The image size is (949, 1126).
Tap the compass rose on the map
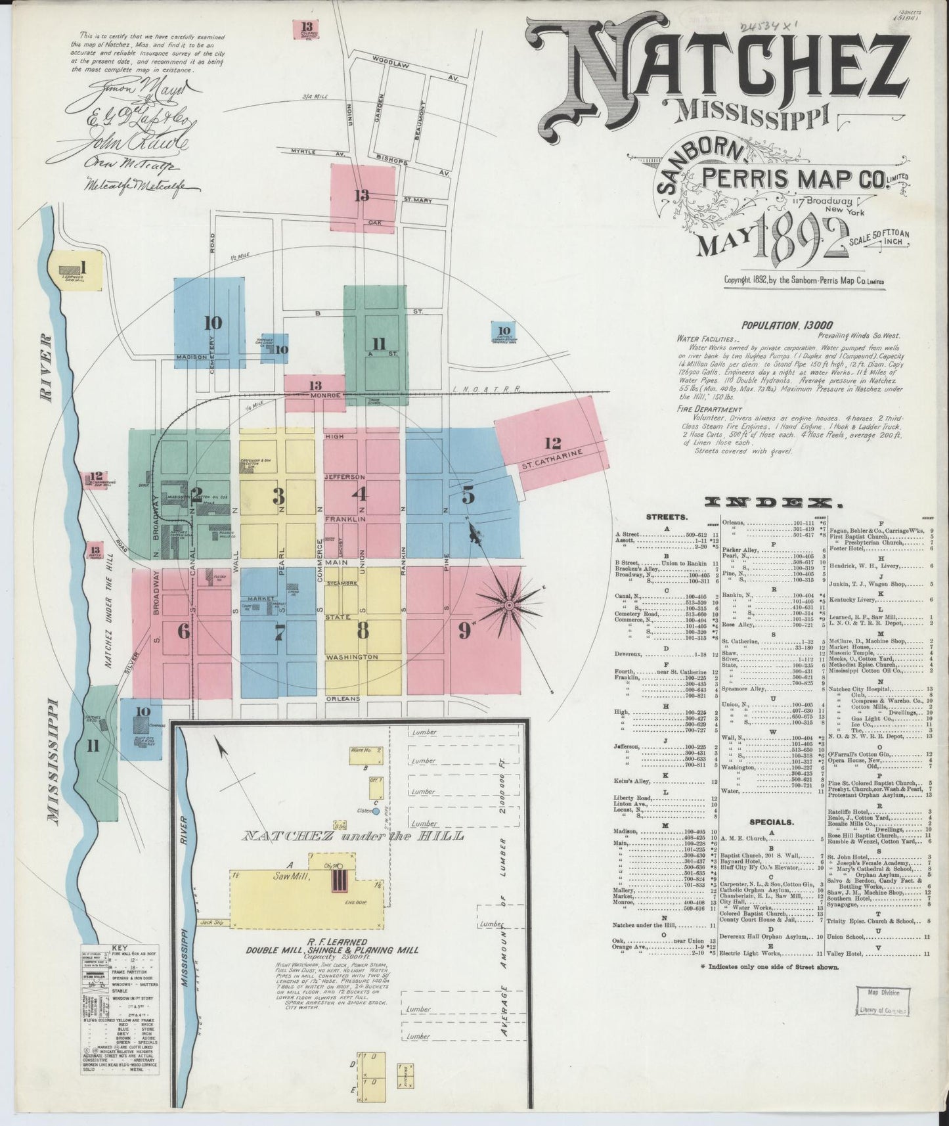click(x=508, y=602)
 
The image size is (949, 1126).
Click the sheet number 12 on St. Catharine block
click(x=552, y=443)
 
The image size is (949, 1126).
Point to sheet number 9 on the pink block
click(x=466, y=631)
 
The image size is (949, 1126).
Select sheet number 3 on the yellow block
click(x=278, y=496)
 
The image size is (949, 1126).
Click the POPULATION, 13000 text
click(x=787, y=325)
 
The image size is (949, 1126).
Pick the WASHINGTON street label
click(x=351, y=657)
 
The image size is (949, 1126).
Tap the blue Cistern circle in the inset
click(x=376, y=811)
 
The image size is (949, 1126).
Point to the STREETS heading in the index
click(x=667, y=516)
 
